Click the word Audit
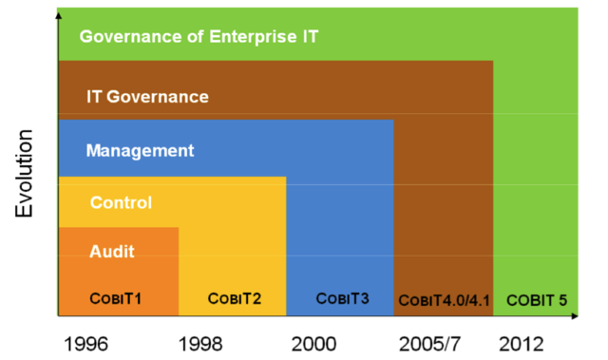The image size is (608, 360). (x=111, y=252)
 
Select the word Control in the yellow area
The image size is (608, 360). (x=121, y=202)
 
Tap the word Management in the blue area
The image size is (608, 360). (x=140, y=150)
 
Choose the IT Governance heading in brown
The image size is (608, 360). (x=147, y=96)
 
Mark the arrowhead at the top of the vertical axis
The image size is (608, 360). (x=58, y=14)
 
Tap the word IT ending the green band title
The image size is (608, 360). (x=309, y=37)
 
